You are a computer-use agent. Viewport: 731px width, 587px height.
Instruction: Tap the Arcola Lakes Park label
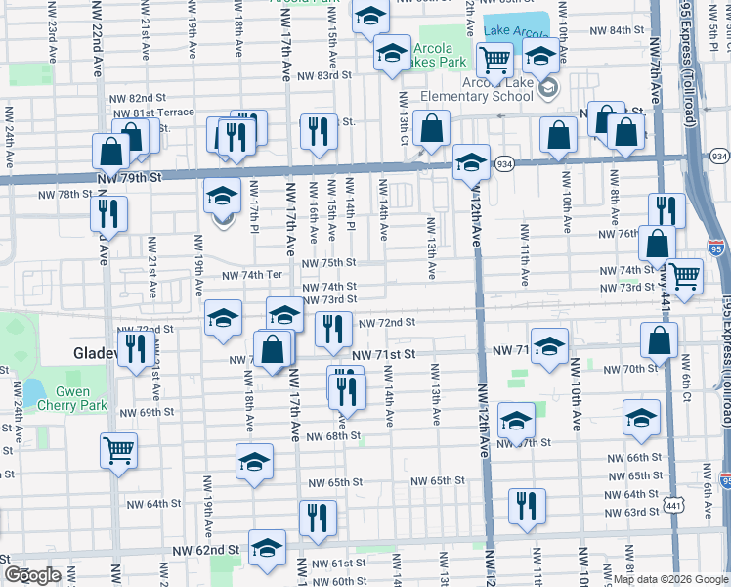pyautogui.click(x=432, y=57)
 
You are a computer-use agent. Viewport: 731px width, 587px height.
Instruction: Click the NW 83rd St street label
pyautogui.click(x=323, y=75)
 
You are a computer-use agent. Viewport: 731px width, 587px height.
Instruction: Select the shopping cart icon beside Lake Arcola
pyautogui.click(x=495, y=61)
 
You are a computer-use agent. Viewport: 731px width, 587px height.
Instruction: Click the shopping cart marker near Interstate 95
pyautogui.click(x=684, y=276)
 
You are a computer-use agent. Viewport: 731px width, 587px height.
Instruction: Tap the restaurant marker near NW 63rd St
pyautogui.click(x=527, y=507)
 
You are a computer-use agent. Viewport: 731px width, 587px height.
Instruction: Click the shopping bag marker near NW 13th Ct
pyautogui.click(x=431, y=128)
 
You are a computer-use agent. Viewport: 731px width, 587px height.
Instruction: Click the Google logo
pyautogui.click(x=33, y=575)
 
